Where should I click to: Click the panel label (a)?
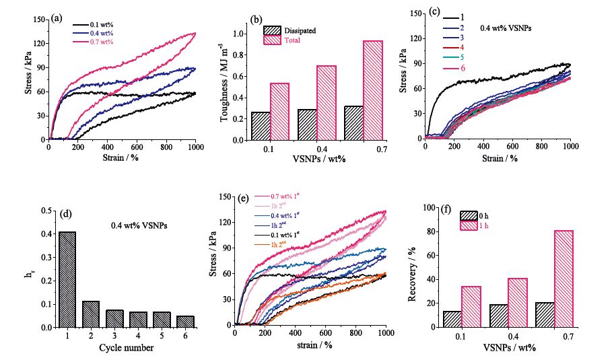click(x=58, y=19)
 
